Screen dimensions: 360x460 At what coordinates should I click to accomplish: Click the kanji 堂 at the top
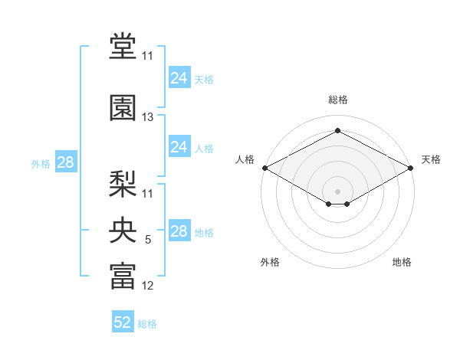point(123,47)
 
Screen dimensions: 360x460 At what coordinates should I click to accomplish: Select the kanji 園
point(123,108)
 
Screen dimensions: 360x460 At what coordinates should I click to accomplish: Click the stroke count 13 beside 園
point(148,117)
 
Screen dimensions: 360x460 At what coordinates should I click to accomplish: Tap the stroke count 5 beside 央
point(148,240)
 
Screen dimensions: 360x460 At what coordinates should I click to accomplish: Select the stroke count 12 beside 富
point(148,286)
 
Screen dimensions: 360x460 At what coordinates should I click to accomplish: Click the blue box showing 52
point(123,322)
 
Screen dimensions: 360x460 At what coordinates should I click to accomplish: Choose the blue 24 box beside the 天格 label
point(179,78)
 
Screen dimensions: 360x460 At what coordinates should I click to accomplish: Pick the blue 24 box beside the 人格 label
point(179,147)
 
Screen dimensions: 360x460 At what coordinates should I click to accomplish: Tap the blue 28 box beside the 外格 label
point(65,162)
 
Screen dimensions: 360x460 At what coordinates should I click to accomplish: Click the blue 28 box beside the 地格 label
point(179,231)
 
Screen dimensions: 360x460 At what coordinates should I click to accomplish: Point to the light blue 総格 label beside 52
point(147,323)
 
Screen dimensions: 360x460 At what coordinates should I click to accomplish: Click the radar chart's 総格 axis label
point(337,100)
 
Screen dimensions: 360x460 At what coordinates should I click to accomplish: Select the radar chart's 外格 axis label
point(270,262)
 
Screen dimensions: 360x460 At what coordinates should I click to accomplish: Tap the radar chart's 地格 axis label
point(402,262)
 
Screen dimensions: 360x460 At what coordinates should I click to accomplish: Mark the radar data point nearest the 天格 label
point(411,168)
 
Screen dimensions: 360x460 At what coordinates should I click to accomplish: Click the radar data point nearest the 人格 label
point(264,168)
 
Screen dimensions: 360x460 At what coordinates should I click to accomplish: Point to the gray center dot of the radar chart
point(337,190)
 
